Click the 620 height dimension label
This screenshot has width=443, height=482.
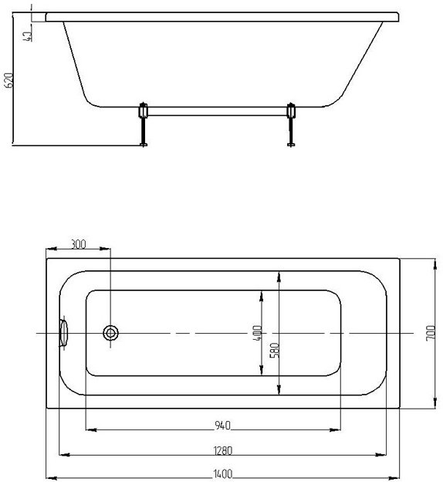[9, 81]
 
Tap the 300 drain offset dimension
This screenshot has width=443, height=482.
[78, 244]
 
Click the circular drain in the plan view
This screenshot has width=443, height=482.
[111, 333]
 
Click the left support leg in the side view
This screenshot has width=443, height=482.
[142, 124]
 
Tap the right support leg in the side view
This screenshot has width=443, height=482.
[291, 124]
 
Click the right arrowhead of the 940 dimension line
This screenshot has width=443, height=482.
[340, 429]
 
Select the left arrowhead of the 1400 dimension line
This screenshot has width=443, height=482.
[50, 477]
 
